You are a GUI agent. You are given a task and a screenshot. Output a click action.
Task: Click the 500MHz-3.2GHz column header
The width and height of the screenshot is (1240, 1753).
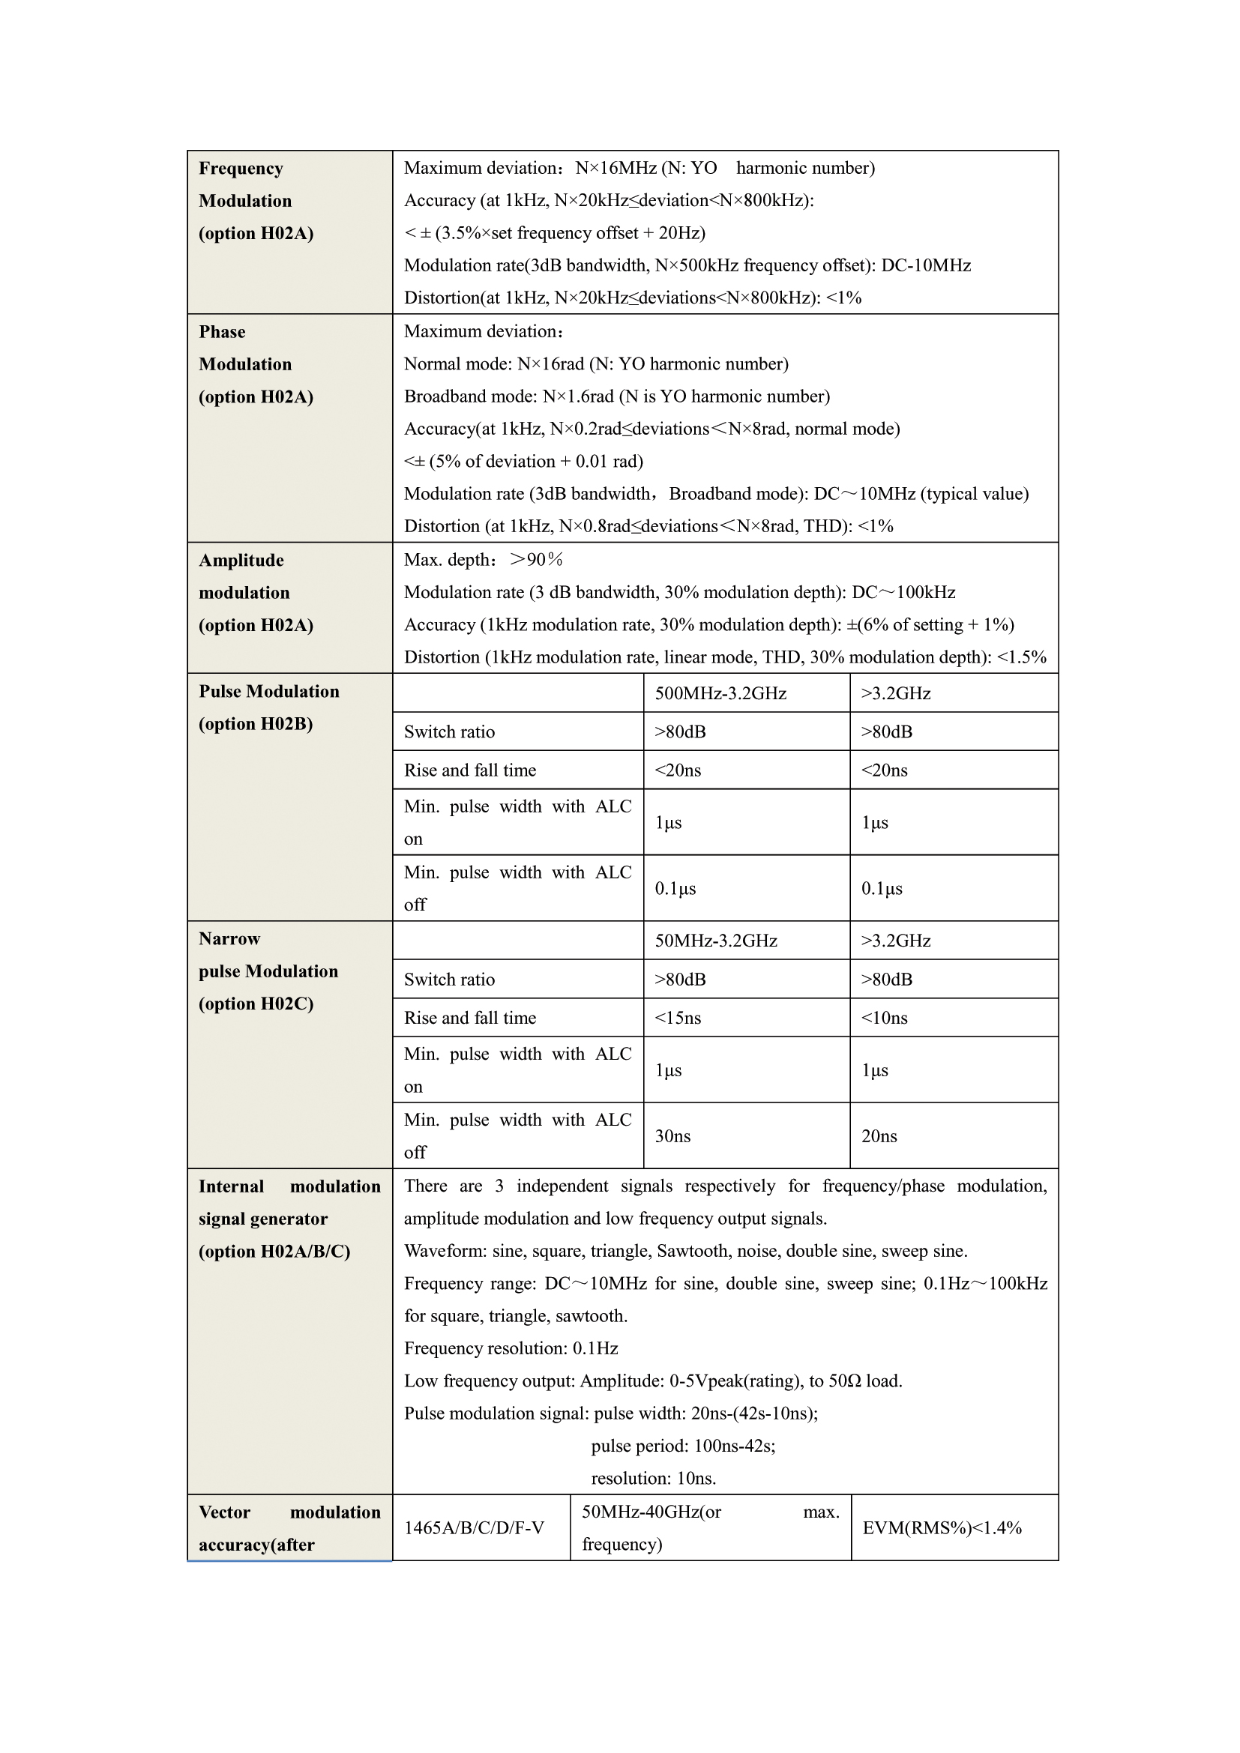tap(720, 693)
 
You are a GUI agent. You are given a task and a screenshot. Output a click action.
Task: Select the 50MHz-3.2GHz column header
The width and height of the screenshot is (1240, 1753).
tap(715, 941)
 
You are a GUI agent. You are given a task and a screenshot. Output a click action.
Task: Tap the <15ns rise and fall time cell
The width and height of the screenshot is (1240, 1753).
tap(677, 1018)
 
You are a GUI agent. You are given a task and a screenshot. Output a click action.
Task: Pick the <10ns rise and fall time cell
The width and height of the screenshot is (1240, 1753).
tap(884, 1018)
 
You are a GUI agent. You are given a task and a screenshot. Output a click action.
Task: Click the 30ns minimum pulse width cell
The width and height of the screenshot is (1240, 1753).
tap(672, 1136)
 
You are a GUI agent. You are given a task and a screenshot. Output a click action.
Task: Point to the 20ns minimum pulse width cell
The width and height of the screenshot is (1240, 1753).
tap(879, 1136)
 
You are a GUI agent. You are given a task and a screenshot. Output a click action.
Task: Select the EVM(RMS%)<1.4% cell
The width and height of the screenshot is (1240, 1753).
tap(942, 1527)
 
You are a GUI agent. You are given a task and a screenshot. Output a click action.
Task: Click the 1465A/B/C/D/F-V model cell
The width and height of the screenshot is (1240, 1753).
tap(474, 1527)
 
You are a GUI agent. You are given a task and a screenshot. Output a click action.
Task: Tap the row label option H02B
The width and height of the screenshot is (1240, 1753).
tap(256, 724)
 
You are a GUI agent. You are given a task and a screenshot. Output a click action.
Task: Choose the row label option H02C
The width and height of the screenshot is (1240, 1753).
tap(256, 1004)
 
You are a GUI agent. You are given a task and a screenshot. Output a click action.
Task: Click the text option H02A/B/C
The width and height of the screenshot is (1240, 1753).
tap(274, 1252)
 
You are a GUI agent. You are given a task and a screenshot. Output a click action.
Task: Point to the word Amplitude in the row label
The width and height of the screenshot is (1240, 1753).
tap(241, 561)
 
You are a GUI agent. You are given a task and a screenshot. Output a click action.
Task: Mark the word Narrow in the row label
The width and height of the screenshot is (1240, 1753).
tap(229, 939)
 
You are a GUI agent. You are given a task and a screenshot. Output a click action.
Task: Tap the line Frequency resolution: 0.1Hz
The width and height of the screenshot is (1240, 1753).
tap(511, 1348)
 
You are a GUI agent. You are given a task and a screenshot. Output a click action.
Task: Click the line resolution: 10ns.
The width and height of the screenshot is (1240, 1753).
tap(653, 1478)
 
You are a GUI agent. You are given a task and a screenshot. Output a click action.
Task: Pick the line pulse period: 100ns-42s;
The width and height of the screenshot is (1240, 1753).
tap(683, 1446)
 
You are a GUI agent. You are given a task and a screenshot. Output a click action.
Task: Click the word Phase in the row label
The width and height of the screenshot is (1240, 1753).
tap(222, 332)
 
